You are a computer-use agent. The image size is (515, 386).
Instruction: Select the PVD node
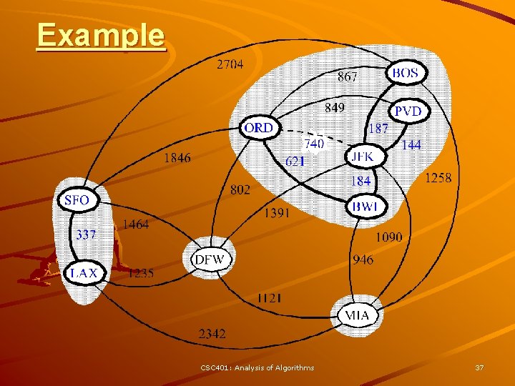pyautogui.click(x=408, y=112)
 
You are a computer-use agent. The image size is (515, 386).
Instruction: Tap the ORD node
pyautogui.click(x=258, y=128)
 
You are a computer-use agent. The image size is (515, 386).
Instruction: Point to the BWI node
pyautogui.click(x=368, y=207)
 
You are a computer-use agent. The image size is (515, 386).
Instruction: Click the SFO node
pyautogui.click(x=77, y=200)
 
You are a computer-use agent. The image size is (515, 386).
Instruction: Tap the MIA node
pyautogui.click(x=357, y=315)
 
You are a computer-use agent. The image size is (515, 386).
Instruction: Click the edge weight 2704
pyautogui.click(x=230, y=64)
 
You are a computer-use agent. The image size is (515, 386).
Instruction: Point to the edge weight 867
pyautogui.click(x=347, y=76)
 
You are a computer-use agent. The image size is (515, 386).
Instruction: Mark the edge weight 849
pyautogui.click(x=334, y=107)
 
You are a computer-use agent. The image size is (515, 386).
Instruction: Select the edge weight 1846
pyautogui.click(x=177, y=157)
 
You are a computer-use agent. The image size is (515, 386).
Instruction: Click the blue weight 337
pyautogui.click(x=86, y=234)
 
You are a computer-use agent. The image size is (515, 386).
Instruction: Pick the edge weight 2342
pyautogui.click(x=212, y=333)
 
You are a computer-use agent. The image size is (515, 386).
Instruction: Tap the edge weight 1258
pyautogui.click(x=438, y=177)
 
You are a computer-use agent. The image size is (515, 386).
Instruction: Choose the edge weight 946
pyautogui.click(x=363, y=259)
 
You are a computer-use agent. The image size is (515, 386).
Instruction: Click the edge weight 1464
pyautogui.click(x=136, y=224)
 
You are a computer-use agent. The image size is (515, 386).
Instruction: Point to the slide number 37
pyautogui.click(x=479, y=367)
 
